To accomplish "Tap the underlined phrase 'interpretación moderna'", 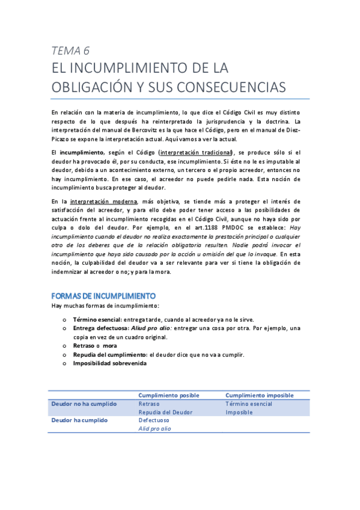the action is tap(103, 201).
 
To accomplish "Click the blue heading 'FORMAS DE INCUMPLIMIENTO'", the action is tap(104, 296).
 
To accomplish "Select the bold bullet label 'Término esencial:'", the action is tap(97, 319).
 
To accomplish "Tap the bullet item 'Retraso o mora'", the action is tap(95, 346).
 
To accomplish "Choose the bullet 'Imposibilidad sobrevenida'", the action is tap(109, 363).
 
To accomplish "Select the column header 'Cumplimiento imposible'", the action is tap(259, 395).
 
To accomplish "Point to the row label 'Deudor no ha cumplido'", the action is tap(84, 404).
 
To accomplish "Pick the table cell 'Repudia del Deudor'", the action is tap(165, 412).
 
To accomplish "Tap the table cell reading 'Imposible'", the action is tap(239, 412).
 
